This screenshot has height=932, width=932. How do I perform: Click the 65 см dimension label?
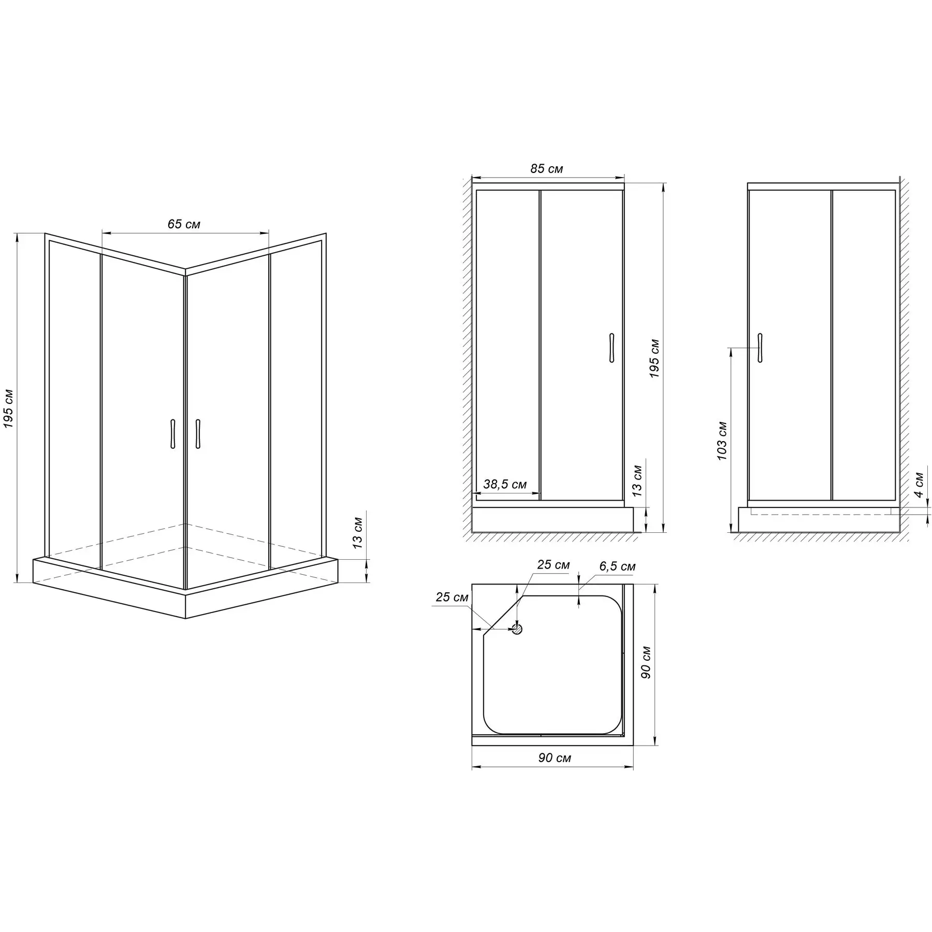pyautogui.click(x=184, y=224)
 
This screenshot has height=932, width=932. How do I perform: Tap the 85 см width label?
pyautogui.click(x=547, y=169)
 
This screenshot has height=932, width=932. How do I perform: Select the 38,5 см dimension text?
pyautogui.click(x=505, y=484)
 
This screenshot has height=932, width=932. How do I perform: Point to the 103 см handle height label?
pyautogui.click(x=722, y=441)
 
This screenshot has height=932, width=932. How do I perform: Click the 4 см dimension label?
pyautogui.click(x=919, y=484)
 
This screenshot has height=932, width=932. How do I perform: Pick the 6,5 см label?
pyautogui.click(x=617, y=566)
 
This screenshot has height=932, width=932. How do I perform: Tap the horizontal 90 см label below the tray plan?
pyautogui.click(x=555, y=758)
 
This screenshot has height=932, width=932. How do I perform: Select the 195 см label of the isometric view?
pyautogui.click(x=9, y=409)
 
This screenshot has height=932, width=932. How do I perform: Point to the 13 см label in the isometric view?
pyautogui.click(x=357, y=532)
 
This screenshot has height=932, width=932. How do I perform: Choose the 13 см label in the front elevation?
pyautogui.click(x=637, y=481)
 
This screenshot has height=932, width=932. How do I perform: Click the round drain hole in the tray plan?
pyautogui.click(x=517, y=629)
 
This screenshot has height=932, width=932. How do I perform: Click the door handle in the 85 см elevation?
pyautogui.click(x=611, y=347)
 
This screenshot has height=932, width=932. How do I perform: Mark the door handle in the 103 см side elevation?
pyautogui.click(x=760, y=347)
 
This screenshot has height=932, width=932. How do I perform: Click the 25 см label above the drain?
pyautogui.click(x=553, y=564)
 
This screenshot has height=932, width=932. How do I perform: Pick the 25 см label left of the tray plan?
pyautogui.click(x=452, y=597)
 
